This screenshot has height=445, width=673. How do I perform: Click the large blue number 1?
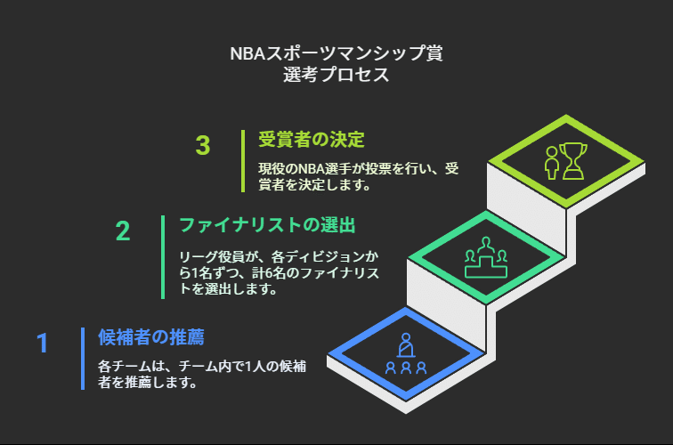click(x=42, y=343)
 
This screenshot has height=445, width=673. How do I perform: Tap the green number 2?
click(x=123, y=231)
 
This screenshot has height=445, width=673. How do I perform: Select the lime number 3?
click(x=203, y=145)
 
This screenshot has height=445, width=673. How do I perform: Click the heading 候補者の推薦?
click(x=151, y=337)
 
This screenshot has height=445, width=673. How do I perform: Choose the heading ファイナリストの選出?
click(x=267, y=225)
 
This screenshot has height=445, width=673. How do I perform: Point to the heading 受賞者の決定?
click(x=312, y=140)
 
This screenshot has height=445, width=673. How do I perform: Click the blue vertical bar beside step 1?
click(x=83, y=359)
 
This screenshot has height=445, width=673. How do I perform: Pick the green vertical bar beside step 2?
click(x=163, y=257)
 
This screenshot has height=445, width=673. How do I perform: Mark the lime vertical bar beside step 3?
click(x=243, y=161)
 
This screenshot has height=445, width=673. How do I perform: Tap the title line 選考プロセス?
click(x=336, y=75)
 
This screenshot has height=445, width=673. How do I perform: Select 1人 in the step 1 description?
click(x=252, y=367)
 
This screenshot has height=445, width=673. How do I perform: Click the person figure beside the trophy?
click(x=552, y=163)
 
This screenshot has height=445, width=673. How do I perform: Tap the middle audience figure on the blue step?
click(x=406, y=368)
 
